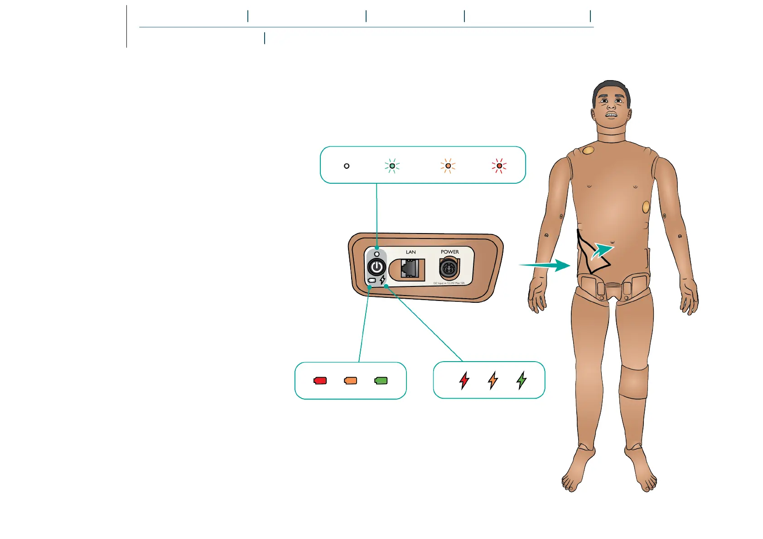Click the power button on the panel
[x=377, y=267]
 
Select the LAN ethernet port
[x=410, y=269]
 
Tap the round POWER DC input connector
[x=449, y=268]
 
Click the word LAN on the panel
[x=410, y=252]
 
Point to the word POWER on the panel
[x=449, y=252]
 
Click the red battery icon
[x=320, y=381]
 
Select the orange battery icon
[x=351, y=381]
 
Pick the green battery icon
[x=381, y=381]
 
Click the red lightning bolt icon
[x=464, y=380]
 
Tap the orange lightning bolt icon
[x=493, y=380]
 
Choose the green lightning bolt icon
[x=522, y=380]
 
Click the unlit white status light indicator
[x=347, y=166]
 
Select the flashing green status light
[x=392, y=166]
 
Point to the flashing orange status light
[x=448, y=166]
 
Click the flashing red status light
[x=499, y=166]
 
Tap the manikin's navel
[x=612, y=242]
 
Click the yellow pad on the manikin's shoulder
[x=588, y=150]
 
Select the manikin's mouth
[x=611, y=115]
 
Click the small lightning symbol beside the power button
[x=383, y=280]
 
